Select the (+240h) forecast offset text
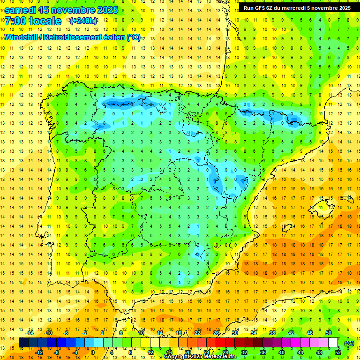(83, 21)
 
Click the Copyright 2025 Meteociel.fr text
(200, 357)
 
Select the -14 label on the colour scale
(29, 333)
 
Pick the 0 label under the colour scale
(92, 352)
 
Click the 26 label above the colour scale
(216, 333)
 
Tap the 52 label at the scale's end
(338, 352)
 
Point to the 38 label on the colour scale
(272, 333)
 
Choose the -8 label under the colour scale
(56, 352)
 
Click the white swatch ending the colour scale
(333, 343)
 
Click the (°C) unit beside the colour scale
(349, 343)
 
